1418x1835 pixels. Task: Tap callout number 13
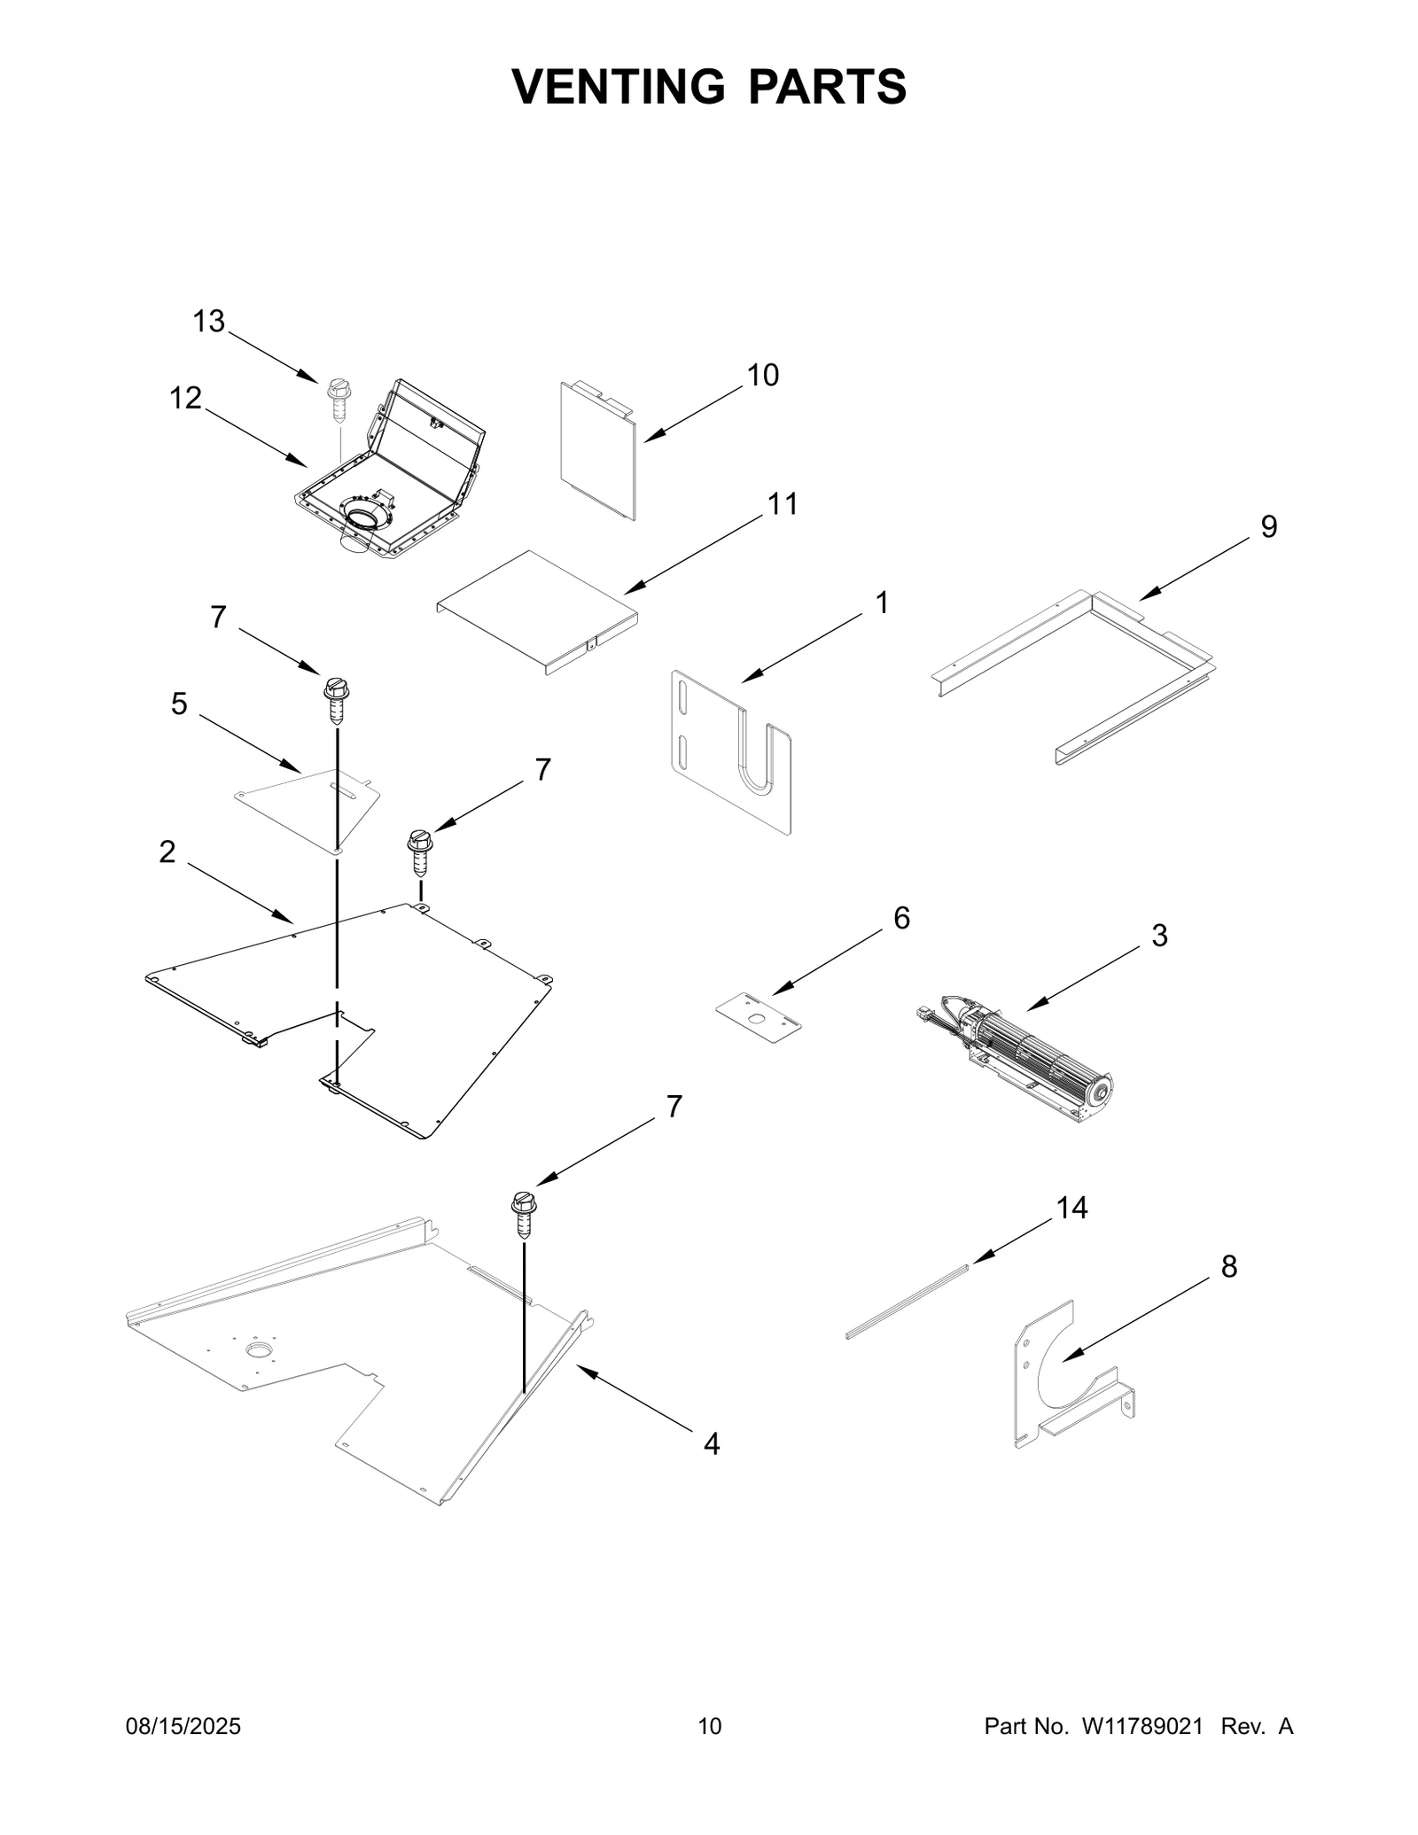click(x=209, y=322)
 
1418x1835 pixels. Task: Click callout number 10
click(x=762, y=376)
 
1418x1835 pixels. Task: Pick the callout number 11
click(x=782, y=504)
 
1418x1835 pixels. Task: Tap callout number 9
click(x=1269, y=527)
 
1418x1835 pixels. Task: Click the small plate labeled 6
click(x=758, y=1018)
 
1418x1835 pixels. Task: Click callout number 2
click(x=168, y=852)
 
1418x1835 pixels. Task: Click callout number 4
click(x=711, y=1444)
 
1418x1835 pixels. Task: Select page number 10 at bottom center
click(x=710, y=1726)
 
